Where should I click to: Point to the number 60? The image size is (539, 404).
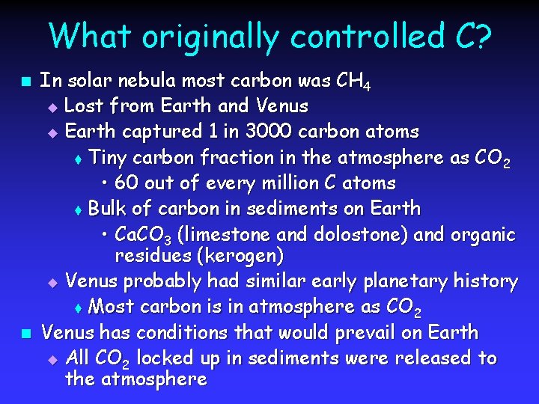pos(128,183)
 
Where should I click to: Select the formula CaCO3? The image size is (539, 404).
pos(142,235)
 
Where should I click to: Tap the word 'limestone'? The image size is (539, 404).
pos(225,234)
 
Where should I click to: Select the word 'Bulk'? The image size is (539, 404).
pos(107,208)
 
